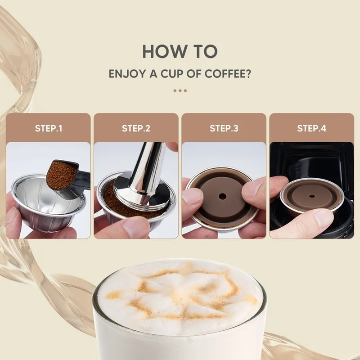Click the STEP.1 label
[x=49, y=128]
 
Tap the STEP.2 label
[x=136, y=128]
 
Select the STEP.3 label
[x=224, y=128]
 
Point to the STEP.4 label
[x=311, y=128]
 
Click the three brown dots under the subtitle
[x=180, y=90]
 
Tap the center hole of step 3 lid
[x=223, y=197]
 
